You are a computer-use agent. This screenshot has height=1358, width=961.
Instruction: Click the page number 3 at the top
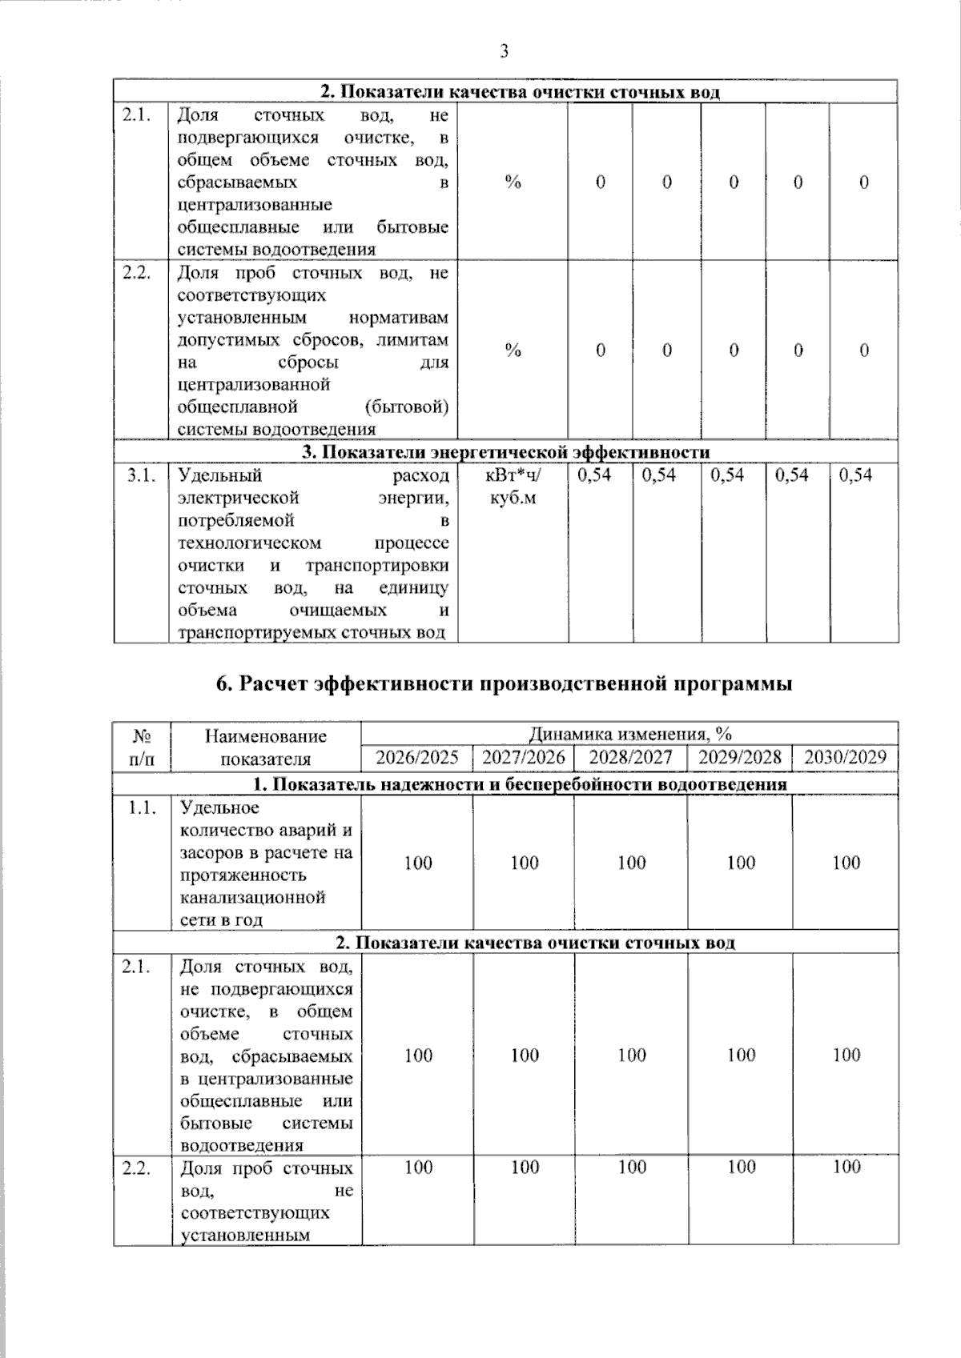[x=504, y=52]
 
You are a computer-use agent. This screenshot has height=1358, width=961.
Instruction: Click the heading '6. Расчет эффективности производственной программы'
[x=505, y=684]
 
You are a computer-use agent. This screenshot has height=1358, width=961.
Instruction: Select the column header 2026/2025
[x=417, y=757]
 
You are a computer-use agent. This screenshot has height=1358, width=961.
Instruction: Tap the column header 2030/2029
[x=845, y=757]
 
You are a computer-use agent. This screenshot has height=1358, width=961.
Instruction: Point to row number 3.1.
[x=140, y=475]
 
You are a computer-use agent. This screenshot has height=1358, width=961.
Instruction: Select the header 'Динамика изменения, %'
[x=629, y=734]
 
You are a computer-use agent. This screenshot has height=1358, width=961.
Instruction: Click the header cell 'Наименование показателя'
[x=265, y=747]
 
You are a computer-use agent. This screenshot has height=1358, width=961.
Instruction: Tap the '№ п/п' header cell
[x=141, y=747]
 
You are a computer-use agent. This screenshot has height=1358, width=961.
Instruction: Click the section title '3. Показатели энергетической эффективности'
[x=505, y=452]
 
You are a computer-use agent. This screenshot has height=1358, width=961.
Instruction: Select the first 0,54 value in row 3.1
[x=593, y=475]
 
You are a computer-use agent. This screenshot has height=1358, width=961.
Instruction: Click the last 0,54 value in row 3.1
[x=855, y=475]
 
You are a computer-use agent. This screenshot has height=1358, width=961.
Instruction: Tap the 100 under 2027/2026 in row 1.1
[x=525, y=863]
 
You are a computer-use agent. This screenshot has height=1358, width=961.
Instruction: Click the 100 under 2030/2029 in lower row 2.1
[x=846, y=1055]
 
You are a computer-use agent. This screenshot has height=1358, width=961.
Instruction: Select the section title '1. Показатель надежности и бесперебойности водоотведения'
[x=505, y=784]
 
